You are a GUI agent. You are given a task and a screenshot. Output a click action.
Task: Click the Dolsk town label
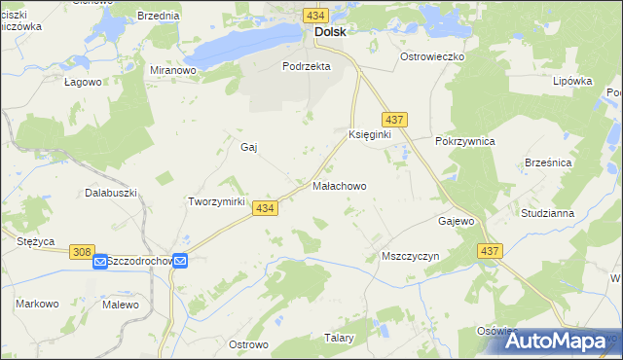coord(329,31)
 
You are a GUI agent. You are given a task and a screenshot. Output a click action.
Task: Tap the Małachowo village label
coord(339,184)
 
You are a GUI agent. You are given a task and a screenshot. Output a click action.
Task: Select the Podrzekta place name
coord(307,66)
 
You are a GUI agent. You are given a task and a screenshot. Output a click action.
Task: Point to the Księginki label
coord(369,134)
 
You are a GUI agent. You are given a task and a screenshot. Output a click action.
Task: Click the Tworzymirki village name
coord(214,201)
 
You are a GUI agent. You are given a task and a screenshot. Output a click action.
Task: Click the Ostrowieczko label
coord(433,56)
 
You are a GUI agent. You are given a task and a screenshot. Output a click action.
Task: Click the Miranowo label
coord(174,70)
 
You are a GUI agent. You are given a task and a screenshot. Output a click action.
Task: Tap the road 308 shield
coord(83,252)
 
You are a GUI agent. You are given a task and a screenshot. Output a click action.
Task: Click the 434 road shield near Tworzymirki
coord(265,208)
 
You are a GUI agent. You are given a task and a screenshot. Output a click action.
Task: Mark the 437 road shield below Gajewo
coord(490,251)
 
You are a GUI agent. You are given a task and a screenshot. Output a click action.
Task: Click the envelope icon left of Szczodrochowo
coord(100,261)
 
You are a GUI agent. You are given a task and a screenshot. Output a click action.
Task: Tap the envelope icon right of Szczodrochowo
coord(181,261)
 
